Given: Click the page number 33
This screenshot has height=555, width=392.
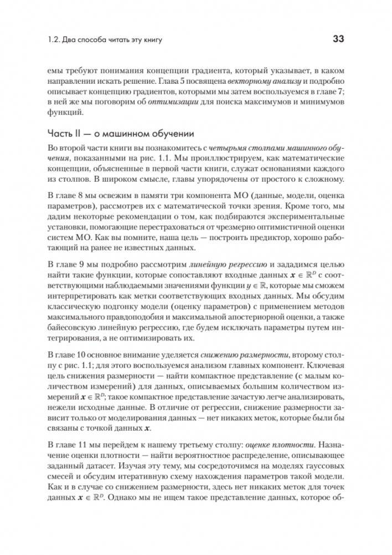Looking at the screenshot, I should (338, 38).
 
